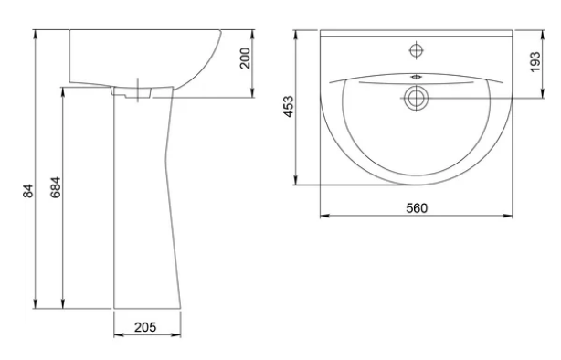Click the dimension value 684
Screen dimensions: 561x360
coord(56,187)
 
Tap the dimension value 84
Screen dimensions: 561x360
coord(28,190)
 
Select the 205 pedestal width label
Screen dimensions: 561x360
coord(145,327)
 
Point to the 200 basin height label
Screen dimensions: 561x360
coord(245,58)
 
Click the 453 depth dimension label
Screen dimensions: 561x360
coord(288,106)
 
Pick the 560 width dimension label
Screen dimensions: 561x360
coord(417,208)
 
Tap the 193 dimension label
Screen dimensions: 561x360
coord(535,62)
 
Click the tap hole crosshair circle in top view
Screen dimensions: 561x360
coord(416,50)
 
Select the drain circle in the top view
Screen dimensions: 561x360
coord(416,98)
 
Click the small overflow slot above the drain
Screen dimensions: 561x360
coord(416,76)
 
